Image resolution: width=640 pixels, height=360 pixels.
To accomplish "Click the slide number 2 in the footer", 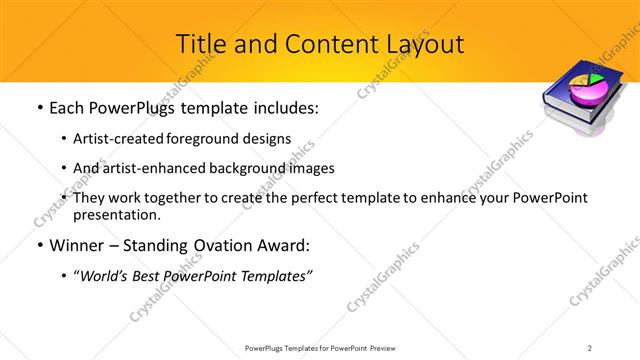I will [x=590, y=347].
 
